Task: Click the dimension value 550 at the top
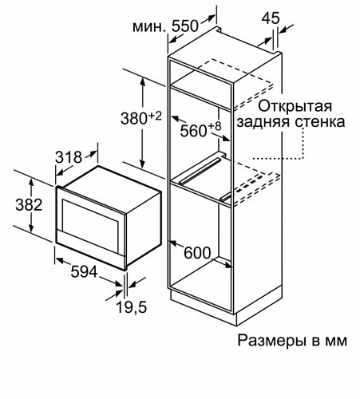click(x=185, y=26)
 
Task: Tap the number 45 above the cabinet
click(x=271, y=18)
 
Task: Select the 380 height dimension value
click(x=134, y=118)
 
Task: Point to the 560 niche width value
click(x=193, y=131)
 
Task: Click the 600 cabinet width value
click(x=197, y=253)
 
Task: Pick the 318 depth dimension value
click(x=69, y=157)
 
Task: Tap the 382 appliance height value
click(x=29, y=205)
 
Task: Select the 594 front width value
click(x=84, y=272)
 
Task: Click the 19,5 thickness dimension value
click(x=132, y=307)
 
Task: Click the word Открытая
click(x=295, y=106)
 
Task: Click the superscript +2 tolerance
click(x=155, y=116)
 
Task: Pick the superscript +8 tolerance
click(x=215, y=126)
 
